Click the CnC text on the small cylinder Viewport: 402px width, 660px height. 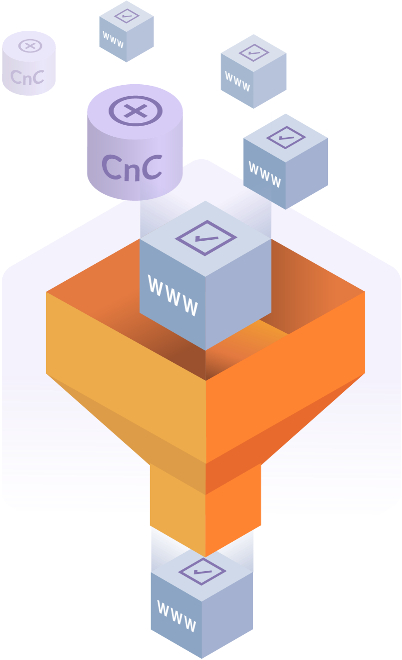click(27, 77)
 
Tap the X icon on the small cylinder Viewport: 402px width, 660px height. click(30, 46)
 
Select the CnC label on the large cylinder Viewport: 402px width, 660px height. click(132, 167)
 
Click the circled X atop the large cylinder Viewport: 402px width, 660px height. click(135, 111)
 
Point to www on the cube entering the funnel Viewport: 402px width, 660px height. click(173, 295)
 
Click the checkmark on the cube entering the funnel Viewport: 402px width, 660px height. click(206, 237)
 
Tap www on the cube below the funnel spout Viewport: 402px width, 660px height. click(177, 615)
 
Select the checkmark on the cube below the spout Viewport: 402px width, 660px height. click(202, 572)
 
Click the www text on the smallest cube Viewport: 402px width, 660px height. click(113, 40)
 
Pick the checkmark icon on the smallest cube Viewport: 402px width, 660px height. click(127, 16)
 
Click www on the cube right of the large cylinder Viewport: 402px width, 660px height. click(264, 174)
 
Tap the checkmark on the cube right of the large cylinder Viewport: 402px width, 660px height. click(286, 137)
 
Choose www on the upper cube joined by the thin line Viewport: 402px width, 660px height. click(238, 81)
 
